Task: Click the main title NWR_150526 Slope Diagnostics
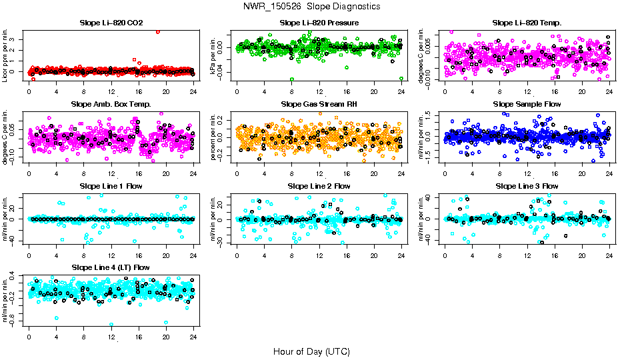[x=312, y=6]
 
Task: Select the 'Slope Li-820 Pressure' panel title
[x=319, y=23]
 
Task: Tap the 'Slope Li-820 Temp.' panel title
[x=527, y=23]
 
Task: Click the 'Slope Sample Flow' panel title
[x=527, y=104]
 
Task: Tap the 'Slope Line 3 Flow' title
[x=527, y=186]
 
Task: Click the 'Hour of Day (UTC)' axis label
[x=311, y=351]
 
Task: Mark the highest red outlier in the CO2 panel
[x=157, y=31]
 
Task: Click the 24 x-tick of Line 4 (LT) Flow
[x=193, y=337]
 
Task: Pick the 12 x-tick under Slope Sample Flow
[x=527, y=174]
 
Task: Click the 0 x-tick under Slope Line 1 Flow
[x=29, y=256]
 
